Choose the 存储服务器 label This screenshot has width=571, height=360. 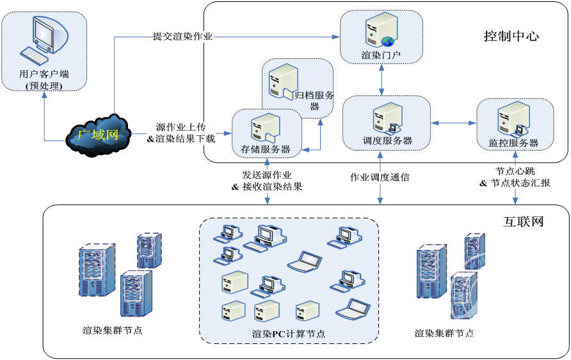tap(266, 149)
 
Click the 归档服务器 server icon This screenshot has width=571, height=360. tap(282, 83)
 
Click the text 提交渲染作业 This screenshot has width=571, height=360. tap(182, 36)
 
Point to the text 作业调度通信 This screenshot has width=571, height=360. tap(380, 177)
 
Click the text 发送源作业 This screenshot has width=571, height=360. tap(267, 175)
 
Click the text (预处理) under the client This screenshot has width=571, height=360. tap(44, 86)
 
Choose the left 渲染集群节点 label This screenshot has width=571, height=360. tap(113, 331)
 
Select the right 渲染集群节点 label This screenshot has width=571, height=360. tap(444, 333)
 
